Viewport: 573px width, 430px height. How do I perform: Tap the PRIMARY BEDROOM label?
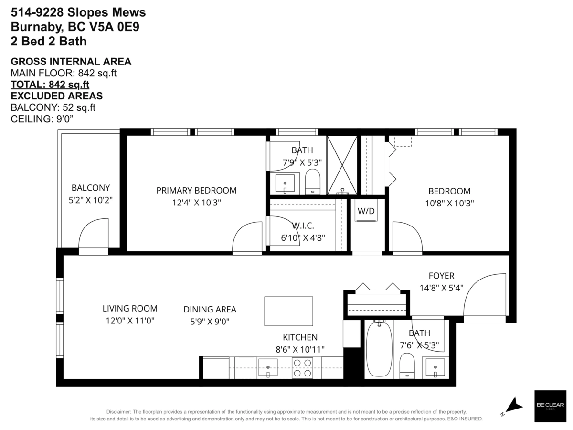[196, 190]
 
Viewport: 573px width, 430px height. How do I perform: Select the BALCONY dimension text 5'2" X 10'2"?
[91, 200]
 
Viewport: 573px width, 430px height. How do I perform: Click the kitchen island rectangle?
[289, 311]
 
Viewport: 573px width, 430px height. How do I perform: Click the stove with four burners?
[302, 368]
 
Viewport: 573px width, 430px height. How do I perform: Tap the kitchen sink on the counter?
[268, 367]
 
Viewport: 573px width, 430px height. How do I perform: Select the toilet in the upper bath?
[313, 181]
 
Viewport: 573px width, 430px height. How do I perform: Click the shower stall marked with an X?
[342, 165]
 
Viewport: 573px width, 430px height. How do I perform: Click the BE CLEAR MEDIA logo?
[550, 406]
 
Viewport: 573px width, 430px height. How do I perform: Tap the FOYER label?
[441, 276]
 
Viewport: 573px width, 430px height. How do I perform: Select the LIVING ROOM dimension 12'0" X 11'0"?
[130, 321]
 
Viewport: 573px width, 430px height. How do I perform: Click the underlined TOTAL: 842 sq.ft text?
[50, 85]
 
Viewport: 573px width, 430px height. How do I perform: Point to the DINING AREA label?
[210, 310]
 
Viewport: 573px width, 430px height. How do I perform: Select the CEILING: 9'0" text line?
[42, 119]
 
